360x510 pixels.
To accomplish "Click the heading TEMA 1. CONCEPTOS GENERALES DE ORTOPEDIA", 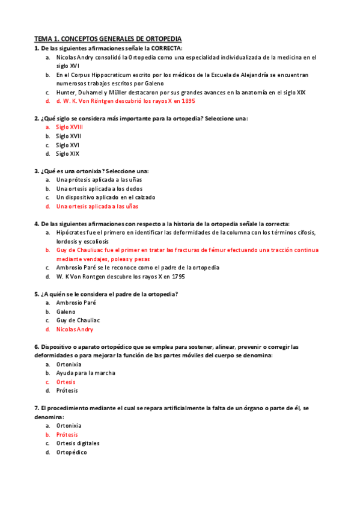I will [x=108, y=38].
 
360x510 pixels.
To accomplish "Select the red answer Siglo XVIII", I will [x=69, y=127].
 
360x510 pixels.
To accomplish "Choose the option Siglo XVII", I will [x=69, y=136].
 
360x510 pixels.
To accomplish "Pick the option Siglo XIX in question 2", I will [x=67, y=153].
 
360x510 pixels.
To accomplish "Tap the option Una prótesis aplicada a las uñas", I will [x=99, y=180].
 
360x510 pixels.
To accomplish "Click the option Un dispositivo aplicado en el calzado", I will [x=106, y=197].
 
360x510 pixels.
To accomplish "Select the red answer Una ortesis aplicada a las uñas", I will [x=97, y=206].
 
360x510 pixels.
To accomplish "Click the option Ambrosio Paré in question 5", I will [x=76, y=303].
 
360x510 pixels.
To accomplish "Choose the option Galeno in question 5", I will [x=66, y=312].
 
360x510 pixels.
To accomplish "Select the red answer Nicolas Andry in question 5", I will [x=75, y=330].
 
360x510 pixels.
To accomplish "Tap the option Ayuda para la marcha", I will [x=85, y=373].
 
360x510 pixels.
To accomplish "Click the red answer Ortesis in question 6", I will [x=66, y=382].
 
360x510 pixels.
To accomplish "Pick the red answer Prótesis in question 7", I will [x=67, y=434].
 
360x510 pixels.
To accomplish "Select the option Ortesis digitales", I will [x=78, y=443].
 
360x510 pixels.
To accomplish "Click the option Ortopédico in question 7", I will [x=72, y=452].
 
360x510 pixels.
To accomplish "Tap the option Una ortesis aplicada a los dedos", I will [x=99, y=189].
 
